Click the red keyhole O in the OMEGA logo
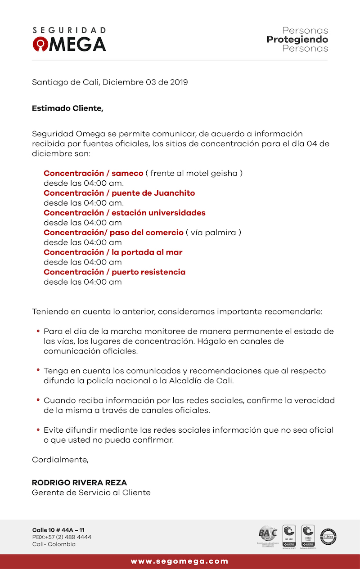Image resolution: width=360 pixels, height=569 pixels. pos(40,44)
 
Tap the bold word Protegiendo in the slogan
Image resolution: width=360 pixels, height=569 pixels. pos(297,40)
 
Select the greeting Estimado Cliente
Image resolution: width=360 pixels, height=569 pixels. pos(67,108)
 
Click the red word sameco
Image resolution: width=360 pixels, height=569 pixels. pos(127,173)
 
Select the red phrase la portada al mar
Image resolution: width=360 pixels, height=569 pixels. pos(147,252)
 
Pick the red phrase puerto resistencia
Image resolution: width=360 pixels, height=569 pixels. pos(148,272)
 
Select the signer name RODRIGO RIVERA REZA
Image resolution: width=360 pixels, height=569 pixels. pos(79,483)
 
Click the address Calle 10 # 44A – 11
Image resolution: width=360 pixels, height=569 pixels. pos(58,530)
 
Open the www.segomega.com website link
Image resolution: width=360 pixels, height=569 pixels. pos(180,561)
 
